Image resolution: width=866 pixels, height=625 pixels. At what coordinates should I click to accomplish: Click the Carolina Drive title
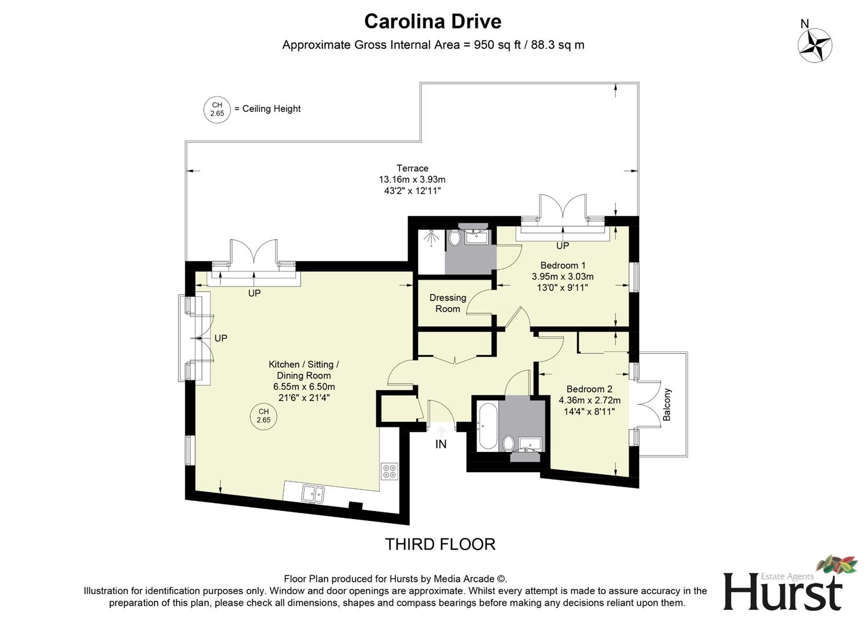point(432,21)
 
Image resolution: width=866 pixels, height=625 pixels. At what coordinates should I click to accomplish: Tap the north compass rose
point(814,45)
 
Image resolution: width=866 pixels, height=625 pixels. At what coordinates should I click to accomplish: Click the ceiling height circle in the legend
point(217,109)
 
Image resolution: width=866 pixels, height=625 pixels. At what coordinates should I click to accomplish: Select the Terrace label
point(412,168)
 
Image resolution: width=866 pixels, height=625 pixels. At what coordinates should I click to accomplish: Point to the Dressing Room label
point(447,303)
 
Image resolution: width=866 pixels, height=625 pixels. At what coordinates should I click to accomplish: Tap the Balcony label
point(667,405)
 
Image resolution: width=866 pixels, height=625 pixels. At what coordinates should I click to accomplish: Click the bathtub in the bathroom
point(486,427)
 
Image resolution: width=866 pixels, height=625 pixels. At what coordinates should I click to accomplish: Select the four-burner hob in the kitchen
point(389,471)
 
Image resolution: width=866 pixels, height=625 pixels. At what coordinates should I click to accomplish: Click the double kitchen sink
point(313,494)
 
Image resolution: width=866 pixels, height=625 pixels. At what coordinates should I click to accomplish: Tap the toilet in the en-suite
point(454,238)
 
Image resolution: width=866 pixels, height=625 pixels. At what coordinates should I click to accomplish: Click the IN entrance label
point(441,444)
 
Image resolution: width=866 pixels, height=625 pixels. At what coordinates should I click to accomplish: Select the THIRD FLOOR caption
point(440,544)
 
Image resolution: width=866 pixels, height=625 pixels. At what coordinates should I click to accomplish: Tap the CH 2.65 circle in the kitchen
point(263,416)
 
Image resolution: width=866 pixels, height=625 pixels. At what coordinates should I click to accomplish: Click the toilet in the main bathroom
point(508,444)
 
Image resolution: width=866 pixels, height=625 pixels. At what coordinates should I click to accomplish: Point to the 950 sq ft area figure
point(491,45)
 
